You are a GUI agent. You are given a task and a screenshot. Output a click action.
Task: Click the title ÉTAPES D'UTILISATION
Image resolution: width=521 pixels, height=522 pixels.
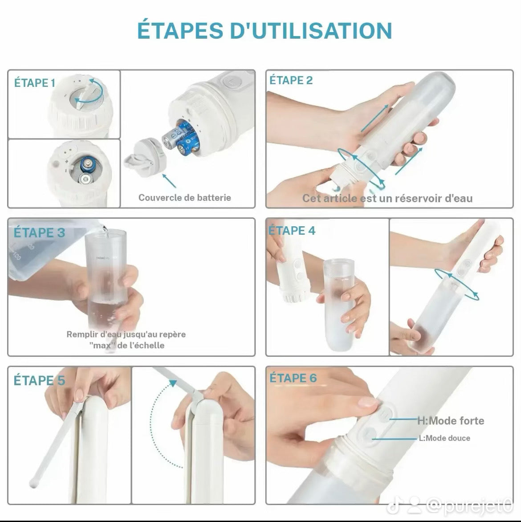(264, 30)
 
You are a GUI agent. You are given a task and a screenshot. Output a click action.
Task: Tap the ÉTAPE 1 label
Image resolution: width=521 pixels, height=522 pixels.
(35, 83)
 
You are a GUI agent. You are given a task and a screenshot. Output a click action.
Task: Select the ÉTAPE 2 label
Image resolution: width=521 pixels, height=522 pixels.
(291, 80)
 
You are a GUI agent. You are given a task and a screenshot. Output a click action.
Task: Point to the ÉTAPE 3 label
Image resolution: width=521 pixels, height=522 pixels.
(39, 232)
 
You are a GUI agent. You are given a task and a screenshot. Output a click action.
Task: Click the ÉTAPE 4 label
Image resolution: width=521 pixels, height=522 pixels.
(292, 230)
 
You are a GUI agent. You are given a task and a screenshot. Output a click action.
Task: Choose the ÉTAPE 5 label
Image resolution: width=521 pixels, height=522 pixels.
(39, 380)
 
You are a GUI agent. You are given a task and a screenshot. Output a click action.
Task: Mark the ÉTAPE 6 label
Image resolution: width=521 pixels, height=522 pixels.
(293, 378)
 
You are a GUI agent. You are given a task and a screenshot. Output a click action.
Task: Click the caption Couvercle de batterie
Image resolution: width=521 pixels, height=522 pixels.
(184, 197)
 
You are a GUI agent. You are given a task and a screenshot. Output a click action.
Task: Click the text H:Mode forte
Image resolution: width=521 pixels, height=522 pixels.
(450, 420)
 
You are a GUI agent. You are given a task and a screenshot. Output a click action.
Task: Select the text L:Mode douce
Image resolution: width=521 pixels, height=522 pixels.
(444, 438)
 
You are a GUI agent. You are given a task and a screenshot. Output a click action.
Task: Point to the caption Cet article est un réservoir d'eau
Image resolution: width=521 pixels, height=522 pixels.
(387, 198)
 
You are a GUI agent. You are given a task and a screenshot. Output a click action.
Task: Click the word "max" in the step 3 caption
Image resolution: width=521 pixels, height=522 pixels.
(98, 345)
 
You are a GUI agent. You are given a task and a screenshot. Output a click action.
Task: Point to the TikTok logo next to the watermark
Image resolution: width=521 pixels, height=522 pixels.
(391, 506)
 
